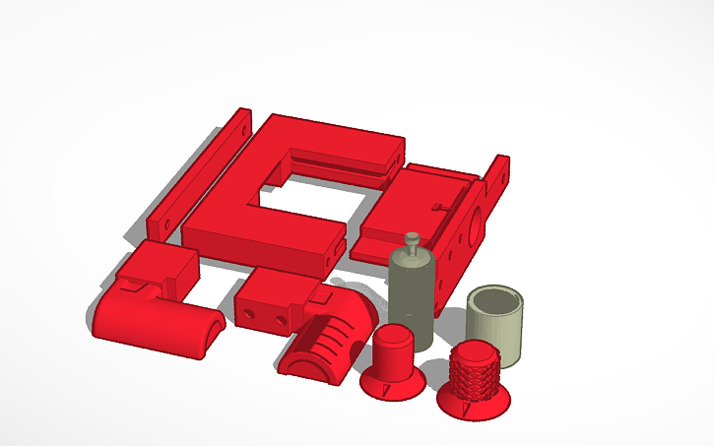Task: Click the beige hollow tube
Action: (497, 330)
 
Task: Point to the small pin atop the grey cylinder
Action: (413, 239)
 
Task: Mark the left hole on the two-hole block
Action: (250, 314)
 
